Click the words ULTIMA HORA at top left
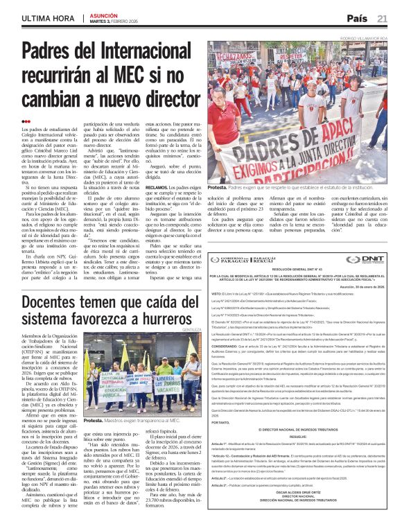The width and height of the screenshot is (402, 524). [x=49, y=18]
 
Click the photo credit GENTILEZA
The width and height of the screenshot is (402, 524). [x=192, y=347]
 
